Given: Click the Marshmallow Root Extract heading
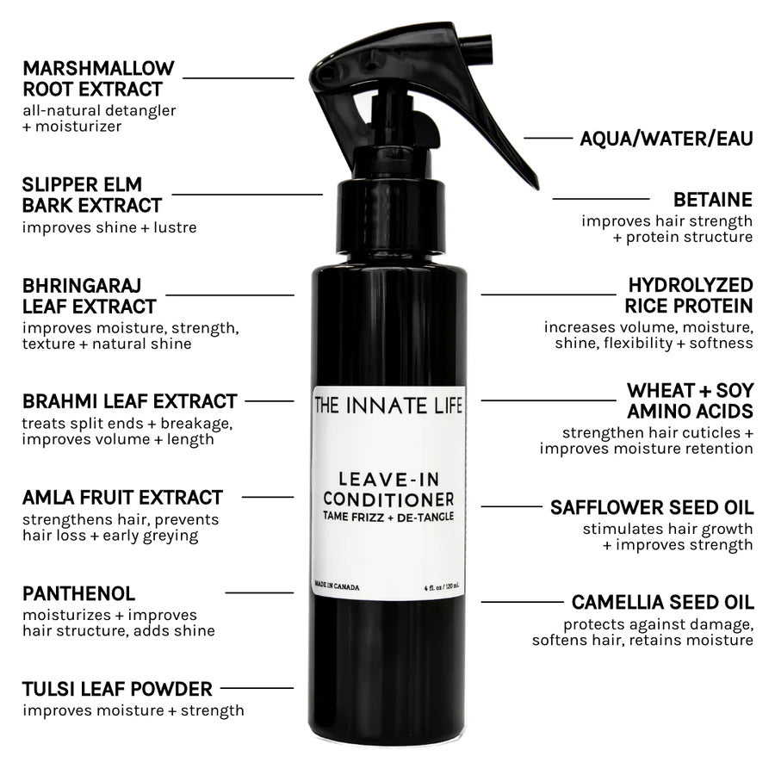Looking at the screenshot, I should point(98,78).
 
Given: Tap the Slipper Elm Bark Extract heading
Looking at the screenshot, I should point(92,195).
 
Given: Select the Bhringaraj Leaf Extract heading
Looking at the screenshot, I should point(90,295).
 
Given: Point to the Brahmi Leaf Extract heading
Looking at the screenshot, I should point(130,401).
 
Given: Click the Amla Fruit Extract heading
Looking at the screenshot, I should point(123,497).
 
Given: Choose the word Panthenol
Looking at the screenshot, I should point(79,593).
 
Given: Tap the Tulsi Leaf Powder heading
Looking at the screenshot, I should point(118,689).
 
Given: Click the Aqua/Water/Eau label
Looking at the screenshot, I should point(666,138).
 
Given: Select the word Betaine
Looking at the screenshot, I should point(713,200).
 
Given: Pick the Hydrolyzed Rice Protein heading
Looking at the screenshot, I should point(689,295).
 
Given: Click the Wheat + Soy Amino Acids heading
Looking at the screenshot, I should point(689,401).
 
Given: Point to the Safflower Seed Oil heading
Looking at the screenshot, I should point(652,507).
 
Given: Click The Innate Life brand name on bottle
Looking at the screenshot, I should point(389,403).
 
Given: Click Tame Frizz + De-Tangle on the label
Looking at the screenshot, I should point(389,516).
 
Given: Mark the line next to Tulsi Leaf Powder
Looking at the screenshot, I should point(257,688).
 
